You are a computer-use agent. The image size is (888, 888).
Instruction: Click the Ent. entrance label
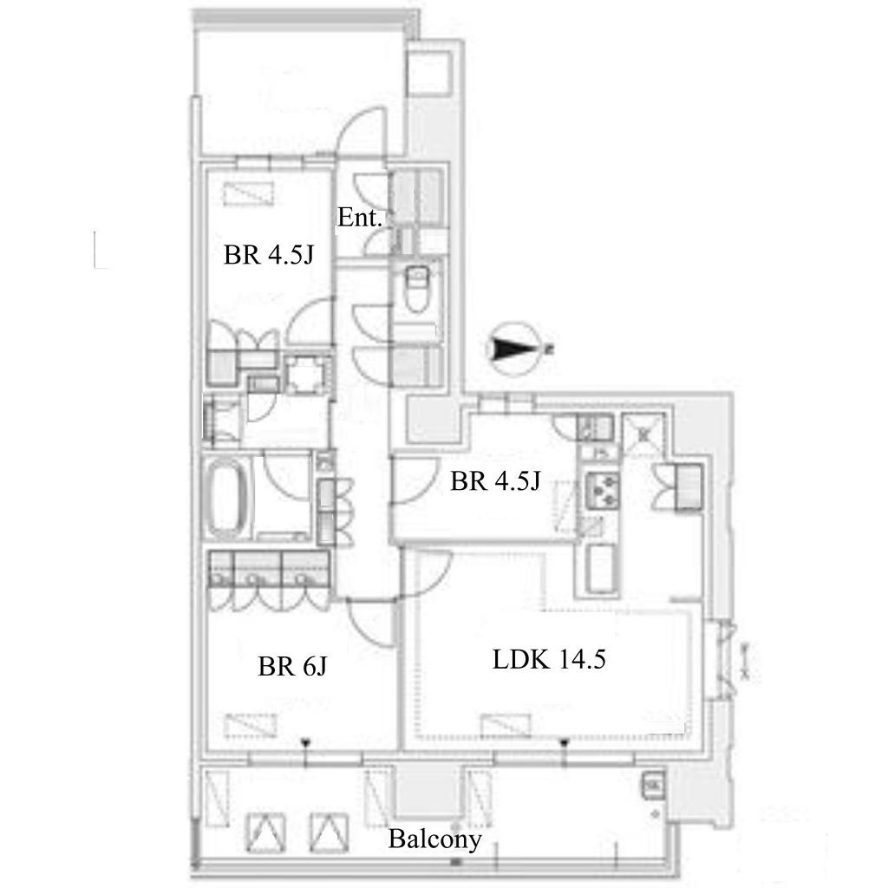(360, 218)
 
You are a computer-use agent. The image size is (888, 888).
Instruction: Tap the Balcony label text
(434, 839)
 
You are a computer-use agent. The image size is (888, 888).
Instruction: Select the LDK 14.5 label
(549, 659)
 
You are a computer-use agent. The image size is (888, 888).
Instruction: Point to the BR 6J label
(292, 666)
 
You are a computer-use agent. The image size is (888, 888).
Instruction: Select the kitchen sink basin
(599, 568)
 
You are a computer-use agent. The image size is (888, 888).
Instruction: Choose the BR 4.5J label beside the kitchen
(495, 481)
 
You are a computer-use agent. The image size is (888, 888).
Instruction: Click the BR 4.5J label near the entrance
(269, 255)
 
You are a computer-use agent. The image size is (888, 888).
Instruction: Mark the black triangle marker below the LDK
(564, 742)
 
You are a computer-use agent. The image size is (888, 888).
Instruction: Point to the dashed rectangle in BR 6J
(251, 726)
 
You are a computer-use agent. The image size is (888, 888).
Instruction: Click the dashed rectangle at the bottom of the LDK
(506, 726)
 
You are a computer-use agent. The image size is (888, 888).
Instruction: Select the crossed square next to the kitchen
(644, 434)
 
